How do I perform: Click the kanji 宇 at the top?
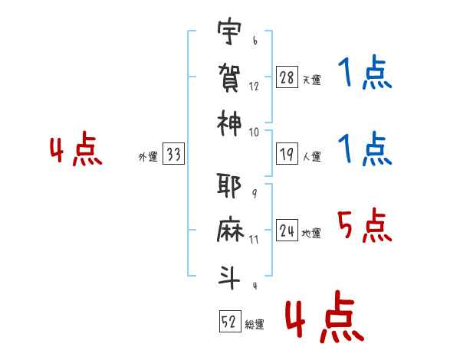pos(229,31)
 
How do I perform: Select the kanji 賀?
pos(229,77)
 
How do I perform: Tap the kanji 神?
pos(229,123)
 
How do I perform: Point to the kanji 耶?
pos(229,186)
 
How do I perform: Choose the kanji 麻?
pos(230,229)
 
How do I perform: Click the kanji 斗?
pos(229,277)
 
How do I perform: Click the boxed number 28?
pos(287,77)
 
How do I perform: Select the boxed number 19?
pos(287,154)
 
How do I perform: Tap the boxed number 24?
pos(287,231)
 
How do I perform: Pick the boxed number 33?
pos(174,154)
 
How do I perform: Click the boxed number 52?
pos(230,321)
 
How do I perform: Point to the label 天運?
pos(312,80)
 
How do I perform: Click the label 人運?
pos(312,156)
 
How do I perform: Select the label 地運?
pos(311,234)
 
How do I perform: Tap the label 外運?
pos(148,156)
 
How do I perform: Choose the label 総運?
pos(255,324)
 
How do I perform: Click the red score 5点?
pos(365,225)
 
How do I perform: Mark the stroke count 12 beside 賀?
pos(254,87)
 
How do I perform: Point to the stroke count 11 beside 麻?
pos(254,240)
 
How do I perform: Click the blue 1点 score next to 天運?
pos(365,72)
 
